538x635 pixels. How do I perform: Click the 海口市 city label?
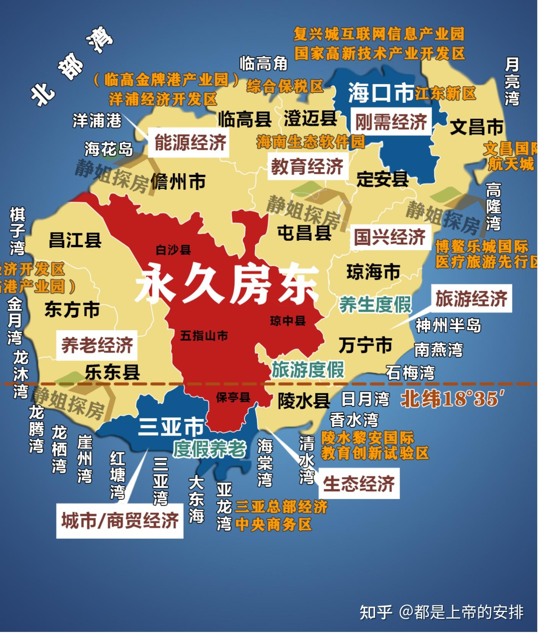[x=380, y=93]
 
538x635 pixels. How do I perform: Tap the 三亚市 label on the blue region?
[x=171, y=427]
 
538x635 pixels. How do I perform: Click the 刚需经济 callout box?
[x=391, y=122]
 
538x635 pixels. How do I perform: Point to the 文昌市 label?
[x=476, y=127]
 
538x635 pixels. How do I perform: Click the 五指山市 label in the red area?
[x=204, y=336]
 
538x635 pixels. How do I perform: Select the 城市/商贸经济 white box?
[x=120, y=521]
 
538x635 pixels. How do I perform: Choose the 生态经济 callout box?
[x=359, y=483]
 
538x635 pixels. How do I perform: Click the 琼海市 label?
[x=373, y=272]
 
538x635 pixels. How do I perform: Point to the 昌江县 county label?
[x=75, y=240]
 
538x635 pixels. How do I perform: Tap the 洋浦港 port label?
[x=97, y=121]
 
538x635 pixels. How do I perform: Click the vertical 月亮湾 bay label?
[x=512, y=81]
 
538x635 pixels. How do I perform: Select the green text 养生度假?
[x=375, y=305]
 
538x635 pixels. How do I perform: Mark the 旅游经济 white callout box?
[x=471, y=299]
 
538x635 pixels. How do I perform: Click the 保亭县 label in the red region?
[x=233, y=397]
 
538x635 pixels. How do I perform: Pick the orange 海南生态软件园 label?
[x=310, y=142]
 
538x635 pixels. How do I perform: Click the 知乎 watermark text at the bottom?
[x=375, y=612]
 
